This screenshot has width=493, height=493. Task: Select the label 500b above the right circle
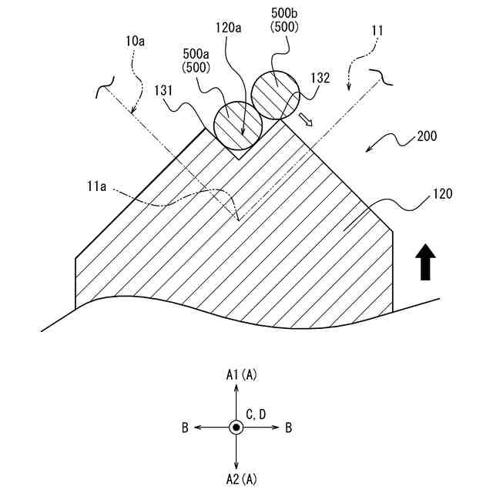tap(284, 14)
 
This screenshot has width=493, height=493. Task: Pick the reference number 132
tap(320, 77)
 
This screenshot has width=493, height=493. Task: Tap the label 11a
tap(97, 186)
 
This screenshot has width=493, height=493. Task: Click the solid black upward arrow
tap(425, 262)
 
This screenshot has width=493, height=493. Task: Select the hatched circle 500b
tap(274, 93)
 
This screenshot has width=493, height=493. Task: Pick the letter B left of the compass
tap(185, 428)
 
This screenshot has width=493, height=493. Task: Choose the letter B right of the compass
tap(288, 428)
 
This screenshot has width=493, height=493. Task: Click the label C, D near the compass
tap(256, 415)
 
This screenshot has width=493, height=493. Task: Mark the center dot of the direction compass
tap(236, 428)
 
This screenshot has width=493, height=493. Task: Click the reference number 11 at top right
tap(377, 30)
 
